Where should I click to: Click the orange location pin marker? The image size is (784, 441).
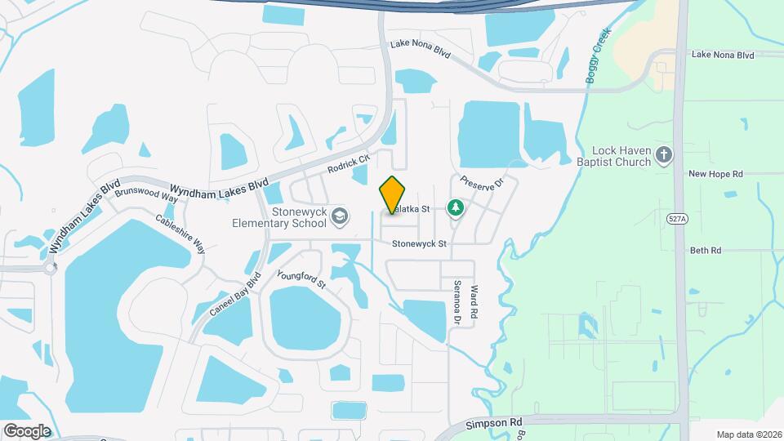pyautogui.click(x=393, y=195)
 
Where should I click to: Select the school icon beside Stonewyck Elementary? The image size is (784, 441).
pyautogui.click(x=341, y=216)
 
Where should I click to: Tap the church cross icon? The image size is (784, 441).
pyautogui.click(x=665, y=154)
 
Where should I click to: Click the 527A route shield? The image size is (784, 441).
pyautogui.click(x=676, y=220)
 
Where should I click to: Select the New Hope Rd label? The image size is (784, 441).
pyautogui.click(x=715, y=174)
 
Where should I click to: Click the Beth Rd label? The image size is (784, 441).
pyautogui.click(x=706, y=251)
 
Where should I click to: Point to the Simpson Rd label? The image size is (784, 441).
pyautogui.click(x=493, y=424)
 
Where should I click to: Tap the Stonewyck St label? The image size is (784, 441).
pyautogui.click(x=419, y=244)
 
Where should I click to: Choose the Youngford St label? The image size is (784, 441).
pyautogui.click(x=301, y=280)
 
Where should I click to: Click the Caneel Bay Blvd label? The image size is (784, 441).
pyautogui.click(x=234, y=295)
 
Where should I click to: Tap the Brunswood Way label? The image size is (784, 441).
pyautogui.click(x=147, y=193)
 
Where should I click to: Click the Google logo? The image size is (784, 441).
pyautogui.click(x=26, y=430)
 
